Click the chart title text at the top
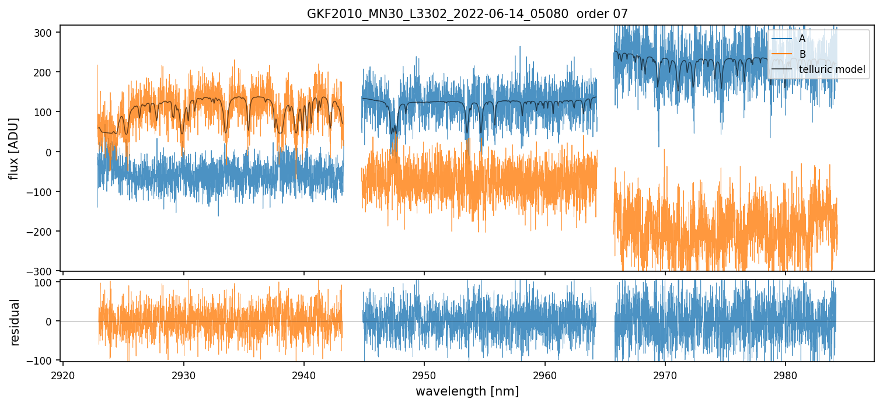[x=467, y=14]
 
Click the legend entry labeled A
[x=802, y=39]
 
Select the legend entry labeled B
[x=802, y=54]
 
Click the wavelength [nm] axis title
[x=467, y=391]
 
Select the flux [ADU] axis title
[x=13, y=148]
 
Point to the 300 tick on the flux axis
[x=47, y=33]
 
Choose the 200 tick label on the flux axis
[x=47, y=72]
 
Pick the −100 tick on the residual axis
[x=44, y=360]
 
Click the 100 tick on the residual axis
[x=47, y=282]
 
